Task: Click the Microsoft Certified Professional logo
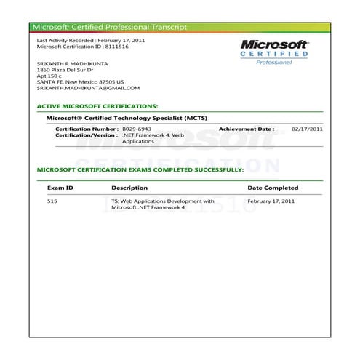tap(274, 52)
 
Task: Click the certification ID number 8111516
tap(129, 46)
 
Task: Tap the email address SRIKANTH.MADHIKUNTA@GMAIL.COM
tap(88, 88)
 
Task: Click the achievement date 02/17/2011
tap(307, 128)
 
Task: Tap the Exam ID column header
tap(60, 188)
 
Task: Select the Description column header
tap(129, 188)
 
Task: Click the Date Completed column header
tap(273, 188)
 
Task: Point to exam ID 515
tap(52, 201)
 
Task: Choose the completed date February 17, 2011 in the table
tap(271, 201)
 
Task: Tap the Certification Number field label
tap(87, 128)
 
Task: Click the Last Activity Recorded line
tap(90, 40)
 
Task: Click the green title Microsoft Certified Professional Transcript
tap(110, 27)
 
